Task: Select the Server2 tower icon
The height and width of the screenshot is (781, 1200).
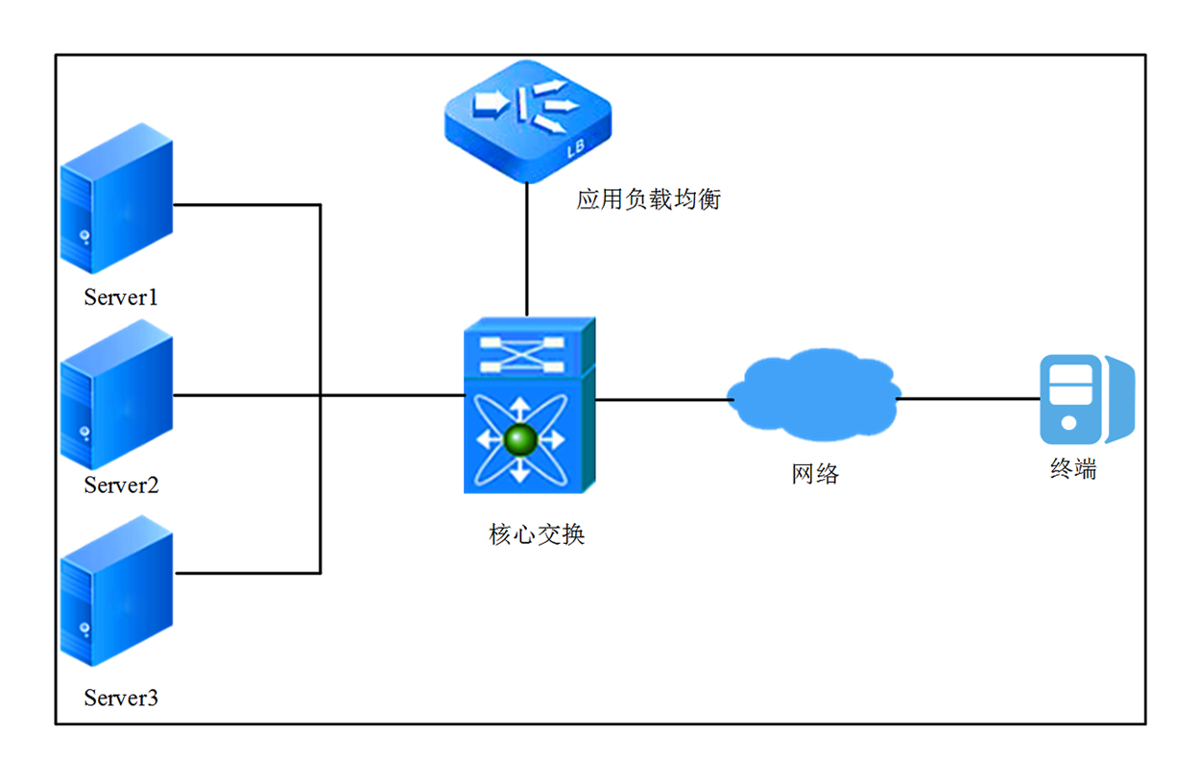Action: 116,395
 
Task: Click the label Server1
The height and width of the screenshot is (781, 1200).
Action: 121,297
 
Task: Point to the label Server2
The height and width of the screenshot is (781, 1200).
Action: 121,485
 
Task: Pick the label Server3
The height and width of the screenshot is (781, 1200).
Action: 121,698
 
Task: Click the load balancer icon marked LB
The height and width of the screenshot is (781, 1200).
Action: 527,121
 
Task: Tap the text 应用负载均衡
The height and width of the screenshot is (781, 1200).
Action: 648,200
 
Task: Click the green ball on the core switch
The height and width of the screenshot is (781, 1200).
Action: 520,439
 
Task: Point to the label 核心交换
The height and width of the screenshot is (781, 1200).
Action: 537,534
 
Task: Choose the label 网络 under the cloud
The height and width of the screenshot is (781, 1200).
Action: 815,473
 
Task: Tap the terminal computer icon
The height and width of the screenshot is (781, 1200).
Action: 1086,399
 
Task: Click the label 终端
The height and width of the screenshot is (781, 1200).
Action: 1072,470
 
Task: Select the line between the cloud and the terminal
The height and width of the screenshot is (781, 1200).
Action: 970,398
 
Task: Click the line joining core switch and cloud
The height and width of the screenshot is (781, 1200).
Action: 660,398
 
